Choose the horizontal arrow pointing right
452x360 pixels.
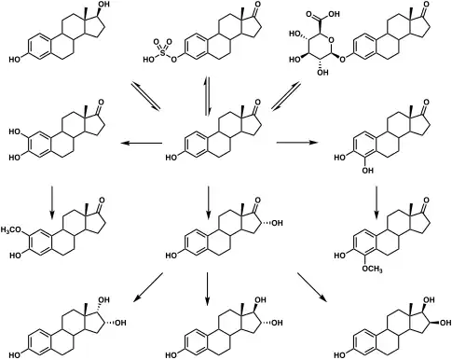[x=308, y=143]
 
